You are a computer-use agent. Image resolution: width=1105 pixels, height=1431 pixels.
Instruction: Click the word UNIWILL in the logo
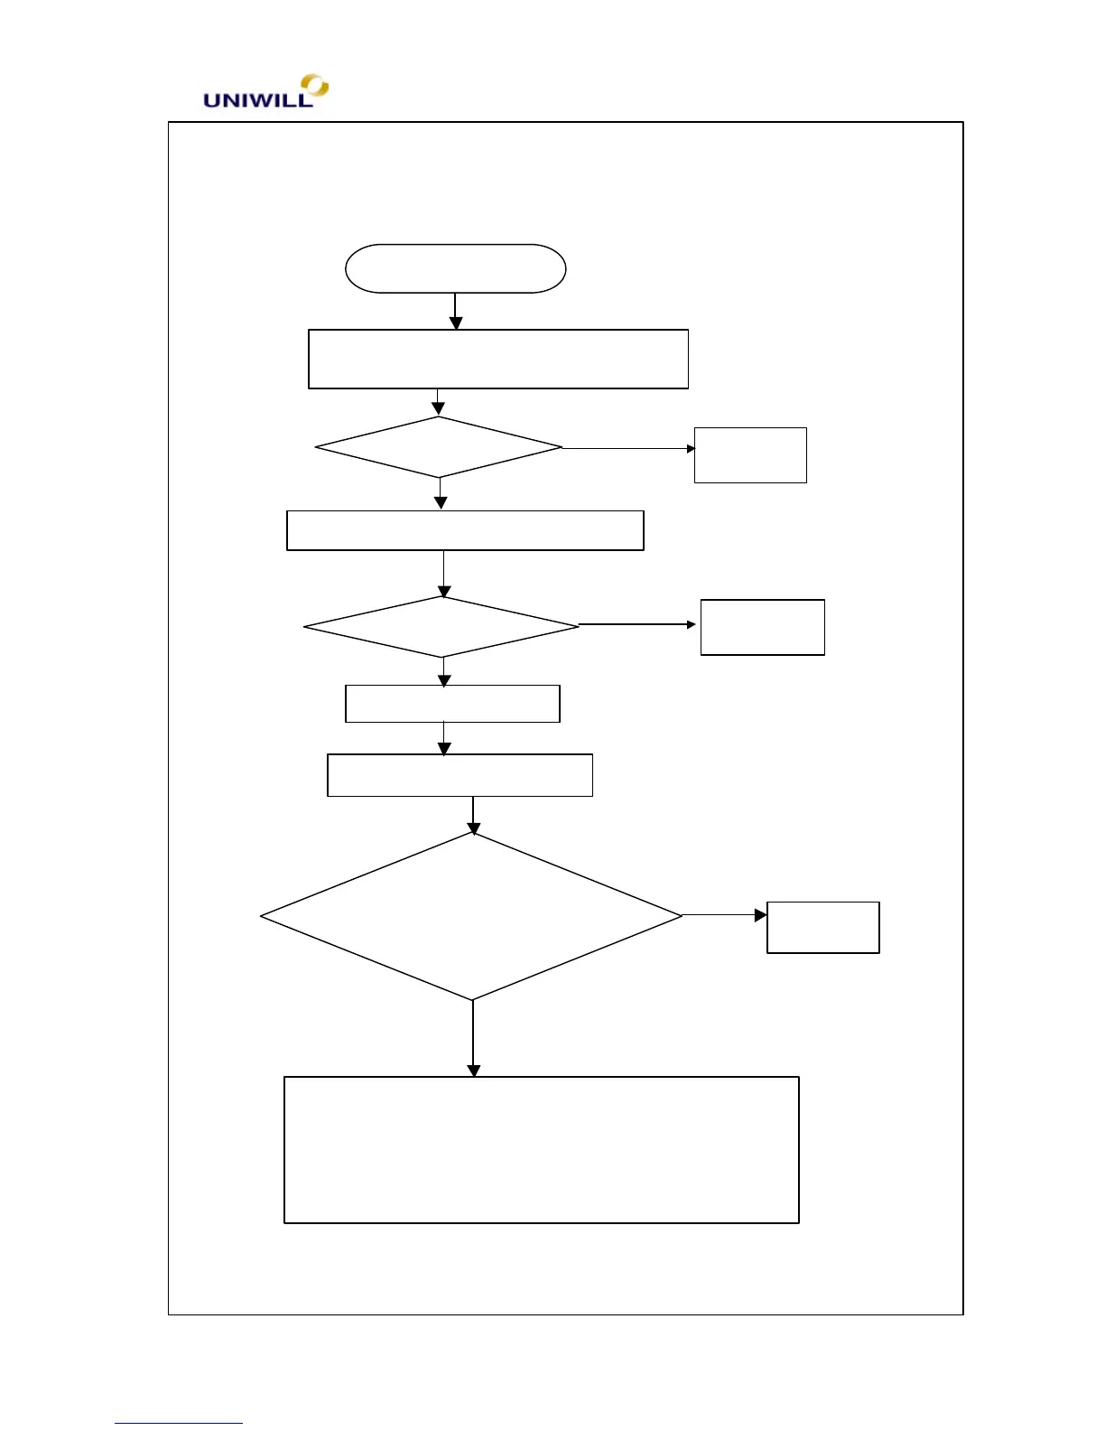pos(257,100)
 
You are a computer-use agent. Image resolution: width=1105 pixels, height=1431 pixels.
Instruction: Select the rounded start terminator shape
pos(455,268)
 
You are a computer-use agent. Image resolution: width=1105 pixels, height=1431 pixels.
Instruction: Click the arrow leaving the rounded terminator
pos(455,311)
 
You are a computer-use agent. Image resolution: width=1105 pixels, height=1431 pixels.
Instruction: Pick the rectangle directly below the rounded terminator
pos(498,359)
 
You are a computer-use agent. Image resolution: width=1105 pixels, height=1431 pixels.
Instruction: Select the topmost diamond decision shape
pos(439,447)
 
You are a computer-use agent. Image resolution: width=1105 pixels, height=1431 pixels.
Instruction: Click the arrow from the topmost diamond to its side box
pos(628,448)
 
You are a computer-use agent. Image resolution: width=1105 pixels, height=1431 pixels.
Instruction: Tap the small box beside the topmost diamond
pos(750,455)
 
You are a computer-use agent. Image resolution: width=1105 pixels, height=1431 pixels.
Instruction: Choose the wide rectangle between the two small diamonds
pos(465,530)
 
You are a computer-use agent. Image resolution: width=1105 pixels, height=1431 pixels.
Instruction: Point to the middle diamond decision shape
pos(441,627)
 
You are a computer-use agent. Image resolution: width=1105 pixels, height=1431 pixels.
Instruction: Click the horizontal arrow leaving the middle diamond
pos(637,624)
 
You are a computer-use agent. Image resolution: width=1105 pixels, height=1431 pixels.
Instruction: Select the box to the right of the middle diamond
pos(763,627)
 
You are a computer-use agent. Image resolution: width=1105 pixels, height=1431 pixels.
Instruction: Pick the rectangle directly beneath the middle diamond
pos(452,704)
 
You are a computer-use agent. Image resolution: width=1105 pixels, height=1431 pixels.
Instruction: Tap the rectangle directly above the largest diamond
pos(460,775)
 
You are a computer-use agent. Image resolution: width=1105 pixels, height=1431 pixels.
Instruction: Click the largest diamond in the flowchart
pos(471,916)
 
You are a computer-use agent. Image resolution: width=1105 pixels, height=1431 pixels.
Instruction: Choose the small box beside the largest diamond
pos(823,927)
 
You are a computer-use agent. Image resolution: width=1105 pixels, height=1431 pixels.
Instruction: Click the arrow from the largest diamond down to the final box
pos(473,1039)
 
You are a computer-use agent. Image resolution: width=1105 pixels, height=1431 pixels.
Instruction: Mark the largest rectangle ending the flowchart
pos(542,1149)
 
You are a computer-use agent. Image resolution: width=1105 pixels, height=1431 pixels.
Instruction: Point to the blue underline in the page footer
pos(179,1424)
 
